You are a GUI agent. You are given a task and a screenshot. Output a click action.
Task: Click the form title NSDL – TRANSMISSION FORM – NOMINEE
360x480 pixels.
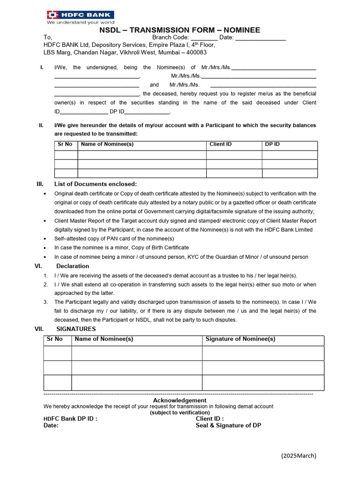(180, 30)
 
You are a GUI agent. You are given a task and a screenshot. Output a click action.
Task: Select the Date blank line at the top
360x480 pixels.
(260, 38)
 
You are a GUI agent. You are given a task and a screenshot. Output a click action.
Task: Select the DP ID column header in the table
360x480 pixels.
(272, 144)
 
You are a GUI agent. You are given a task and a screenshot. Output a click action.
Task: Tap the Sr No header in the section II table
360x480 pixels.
(65, 144)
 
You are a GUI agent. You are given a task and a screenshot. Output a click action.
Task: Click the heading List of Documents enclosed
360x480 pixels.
(96, 184)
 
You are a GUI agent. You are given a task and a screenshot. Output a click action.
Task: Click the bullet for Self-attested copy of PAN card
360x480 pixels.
(45, 239)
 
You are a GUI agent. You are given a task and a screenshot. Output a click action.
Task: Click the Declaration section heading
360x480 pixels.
(73, 266)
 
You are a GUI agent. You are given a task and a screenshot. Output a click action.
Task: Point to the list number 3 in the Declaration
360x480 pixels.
(45, 302)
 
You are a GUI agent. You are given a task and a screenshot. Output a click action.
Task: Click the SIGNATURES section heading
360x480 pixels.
(76, 329)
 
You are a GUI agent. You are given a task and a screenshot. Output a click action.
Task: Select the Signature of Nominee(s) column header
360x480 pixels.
(240, 339)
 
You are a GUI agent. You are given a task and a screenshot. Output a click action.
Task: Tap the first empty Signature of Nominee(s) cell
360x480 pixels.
(263, 353)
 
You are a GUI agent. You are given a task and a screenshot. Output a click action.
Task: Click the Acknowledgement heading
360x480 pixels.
(180, 400)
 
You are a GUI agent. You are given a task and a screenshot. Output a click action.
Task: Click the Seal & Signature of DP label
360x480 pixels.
(228, 426)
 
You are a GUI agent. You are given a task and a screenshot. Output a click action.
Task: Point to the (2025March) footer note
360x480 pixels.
(299, 456)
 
